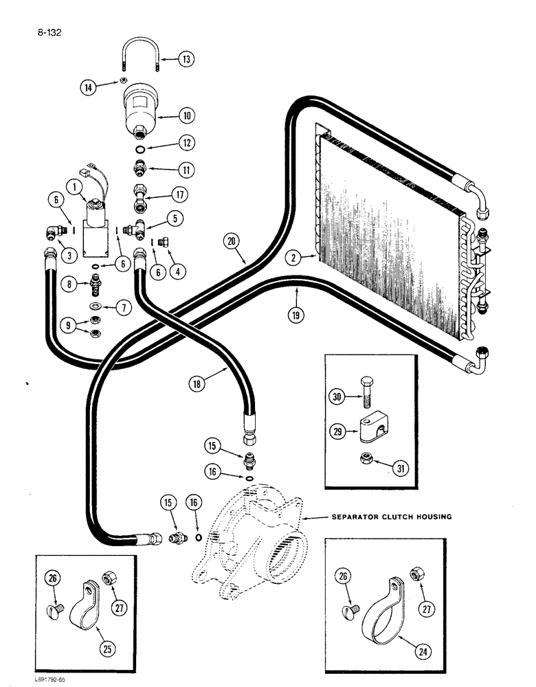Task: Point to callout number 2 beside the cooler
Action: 295,258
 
